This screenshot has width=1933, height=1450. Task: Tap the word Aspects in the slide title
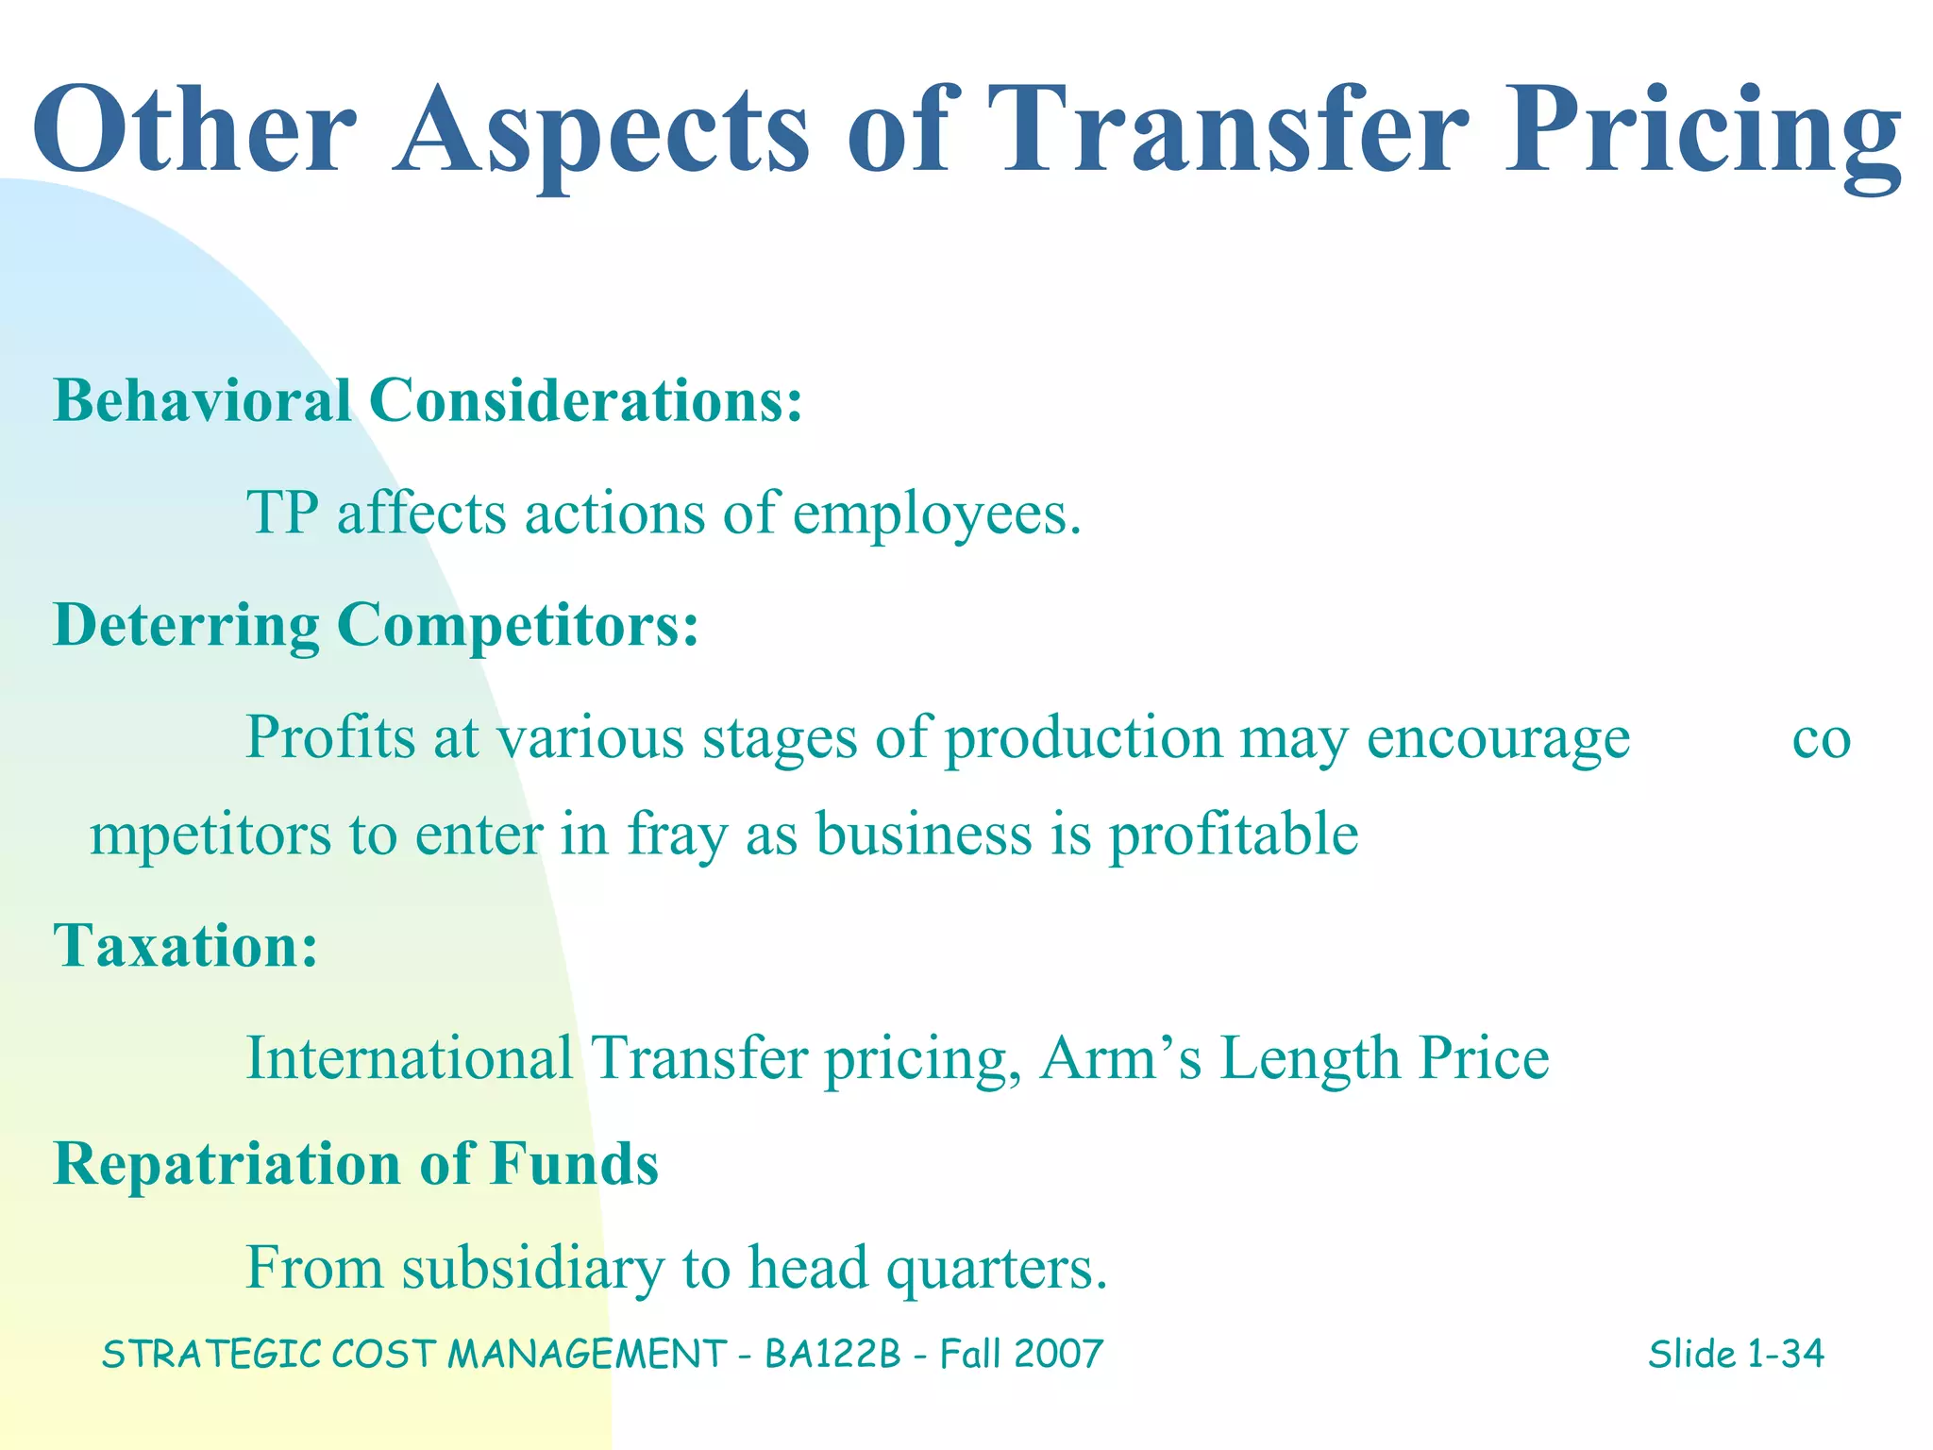[x=601, y=132]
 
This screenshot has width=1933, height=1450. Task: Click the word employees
[x=936, y=516]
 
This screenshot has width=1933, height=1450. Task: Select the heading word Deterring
[x=186, y=627]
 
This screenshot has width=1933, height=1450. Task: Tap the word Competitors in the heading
[x=517, y=625]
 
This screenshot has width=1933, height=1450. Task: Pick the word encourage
[x=1498, y=739]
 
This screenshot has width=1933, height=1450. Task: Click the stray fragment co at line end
[x=1821, y=739]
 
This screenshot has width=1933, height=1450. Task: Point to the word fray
[x=678, y=836]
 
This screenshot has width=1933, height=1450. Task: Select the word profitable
[x=1233, y=835]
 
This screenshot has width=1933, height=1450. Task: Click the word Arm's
[x=1120, y=1057]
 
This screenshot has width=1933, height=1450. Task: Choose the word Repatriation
[x=227, y=1163]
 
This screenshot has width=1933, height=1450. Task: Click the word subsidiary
[x=533, y=1268]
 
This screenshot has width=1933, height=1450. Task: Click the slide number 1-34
[x=1785, y=1354]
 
